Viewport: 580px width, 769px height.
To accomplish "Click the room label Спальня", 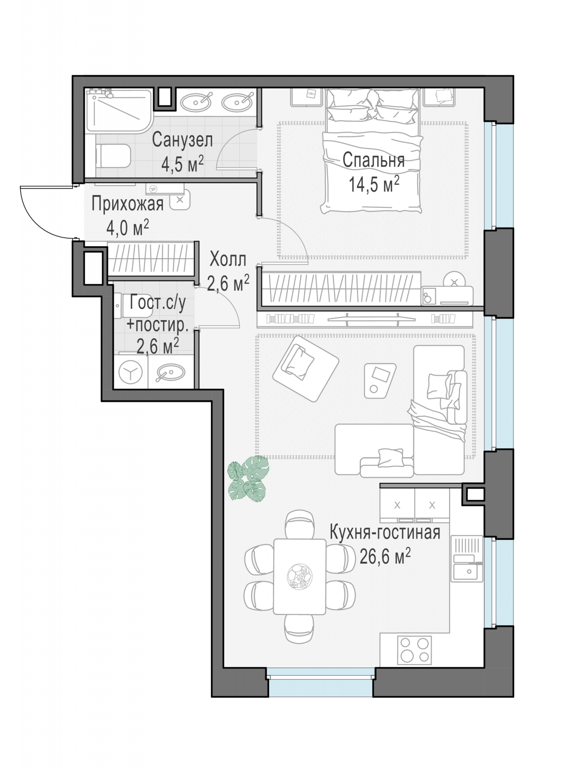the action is pyautogui.click(x=373, y=161).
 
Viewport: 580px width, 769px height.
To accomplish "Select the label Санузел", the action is pyautogui.click(x=182, y=140).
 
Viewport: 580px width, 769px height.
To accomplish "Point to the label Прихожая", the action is pyautogui.click(x=128, y=204).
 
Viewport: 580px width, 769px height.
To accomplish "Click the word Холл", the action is pyautogui.click(x=228, y=260).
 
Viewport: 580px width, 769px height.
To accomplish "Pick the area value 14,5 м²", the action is pyautogui.click(x=374, y=185).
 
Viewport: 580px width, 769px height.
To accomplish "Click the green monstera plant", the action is pyautogui.click(x=248, y=478).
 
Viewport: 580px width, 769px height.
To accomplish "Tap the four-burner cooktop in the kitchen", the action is pyautogui.click(x=414, y=650).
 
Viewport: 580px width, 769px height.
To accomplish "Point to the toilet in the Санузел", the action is pyautogui.click(x=113, y=156).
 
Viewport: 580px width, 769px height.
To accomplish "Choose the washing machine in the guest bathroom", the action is pyautogui.click(x=131, y=372).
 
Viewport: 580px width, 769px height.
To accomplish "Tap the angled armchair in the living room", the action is pyautogui.click(x=306, y=368).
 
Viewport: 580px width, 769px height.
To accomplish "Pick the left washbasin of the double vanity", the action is pyautogui.click(x=196, y=101).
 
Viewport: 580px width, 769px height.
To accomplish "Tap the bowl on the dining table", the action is pyautogui.click(x=300, y=576).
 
